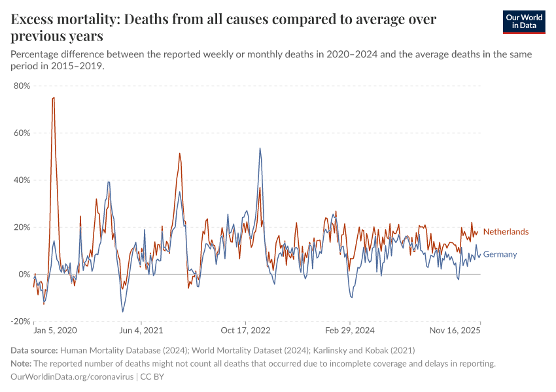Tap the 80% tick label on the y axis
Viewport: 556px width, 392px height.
click(x=22, y=86)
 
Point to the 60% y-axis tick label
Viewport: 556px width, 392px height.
click(x=22, y=133)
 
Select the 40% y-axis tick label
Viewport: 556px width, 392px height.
click(x=22, y=180)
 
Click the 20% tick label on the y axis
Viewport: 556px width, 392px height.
click(x=22, y=227)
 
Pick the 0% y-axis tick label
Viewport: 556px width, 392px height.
click(x=24, y=274)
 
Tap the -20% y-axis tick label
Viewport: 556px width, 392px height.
click(x=20, y=321)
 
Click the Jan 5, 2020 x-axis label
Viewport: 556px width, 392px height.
click(x=55, y=331)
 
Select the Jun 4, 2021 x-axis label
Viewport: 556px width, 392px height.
click(x=141, y=331)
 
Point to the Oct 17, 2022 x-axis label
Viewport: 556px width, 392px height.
click(x=246, y=331)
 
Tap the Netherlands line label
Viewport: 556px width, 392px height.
click(x=506, y=232)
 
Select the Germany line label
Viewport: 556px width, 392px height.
click(x=500, y=255)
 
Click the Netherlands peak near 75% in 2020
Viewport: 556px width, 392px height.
click(x=53, y=98)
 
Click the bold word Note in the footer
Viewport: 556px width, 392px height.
click(x=22, y=364)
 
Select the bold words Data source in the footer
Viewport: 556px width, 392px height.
click(x=35, y=351)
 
